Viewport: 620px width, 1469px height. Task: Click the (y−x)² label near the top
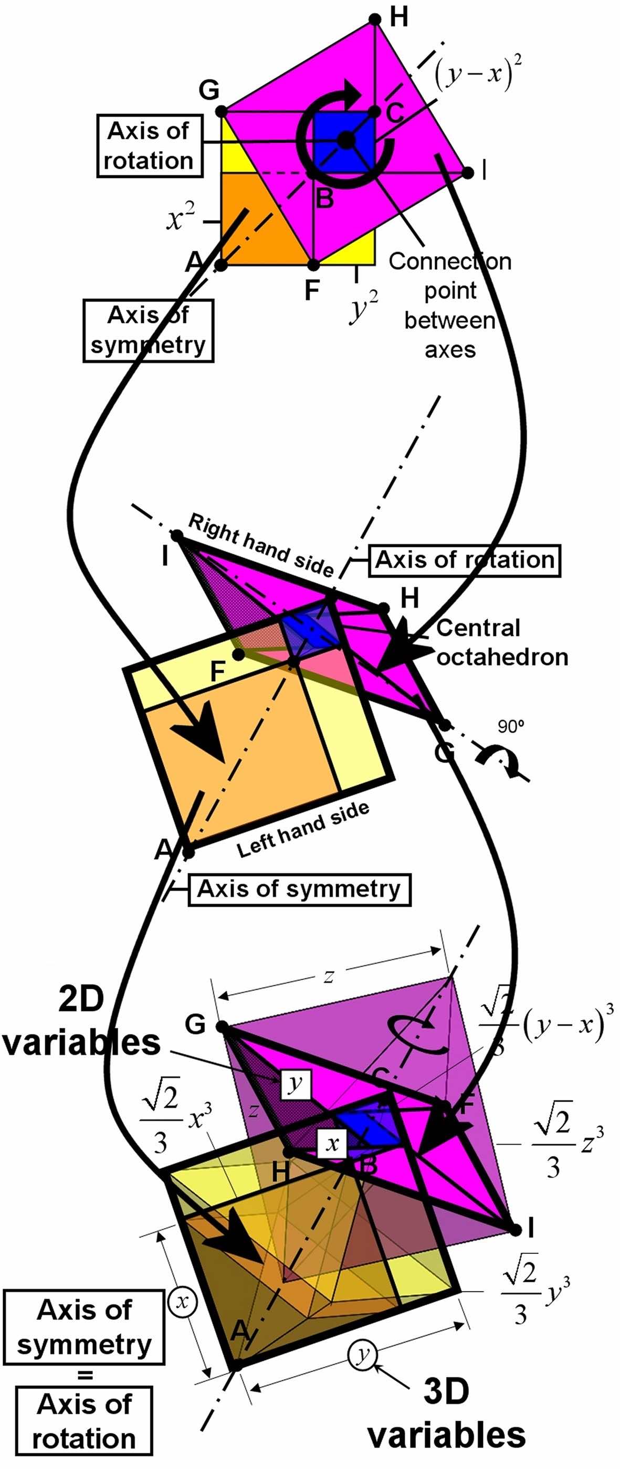(478, 73)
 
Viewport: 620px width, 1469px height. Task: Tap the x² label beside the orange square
(181, 217)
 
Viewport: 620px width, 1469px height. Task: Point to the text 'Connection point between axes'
(450, 305)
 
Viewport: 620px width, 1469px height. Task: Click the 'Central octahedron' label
(502, 643)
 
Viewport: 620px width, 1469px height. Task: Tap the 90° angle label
(510, 726)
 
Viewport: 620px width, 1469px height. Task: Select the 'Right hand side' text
(261, 545)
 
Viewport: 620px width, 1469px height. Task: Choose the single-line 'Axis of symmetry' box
(299, 889)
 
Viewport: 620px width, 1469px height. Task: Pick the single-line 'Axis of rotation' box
(464, 560)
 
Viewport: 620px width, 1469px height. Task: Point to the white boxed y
(296, 1083)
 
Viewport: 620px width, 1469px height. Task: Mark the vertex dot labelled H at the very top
(375, 19)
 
